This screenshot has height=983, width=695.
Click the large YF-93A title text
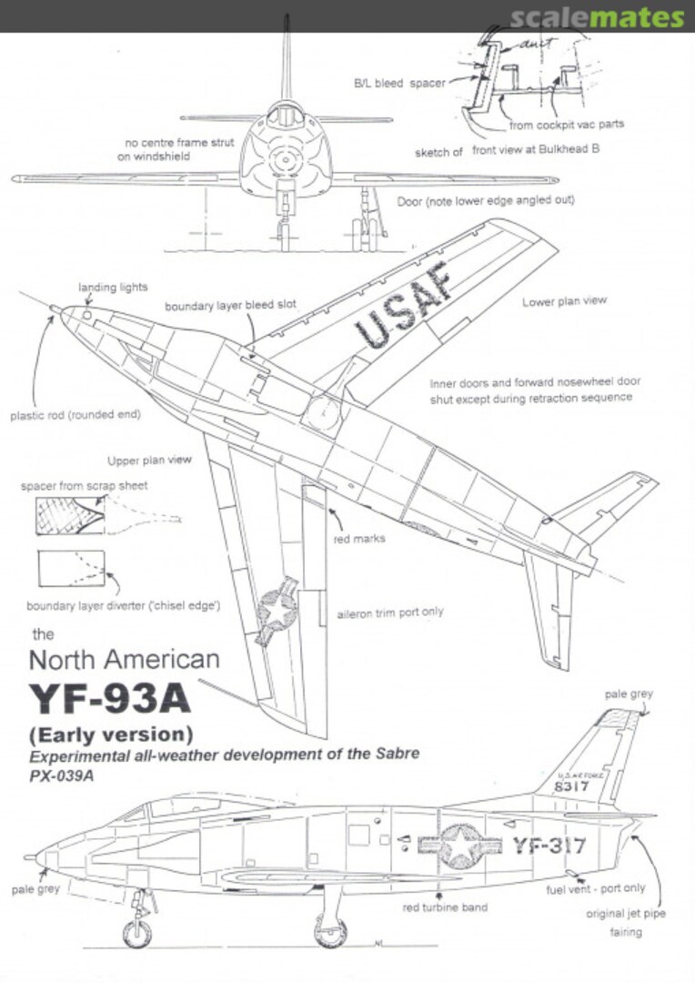click(x=110, y=698)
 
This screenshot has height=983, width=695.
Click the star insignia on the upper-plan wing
click(x=278, y=611)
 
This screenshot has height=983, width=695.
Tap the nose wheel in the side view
click(x=138, y=933)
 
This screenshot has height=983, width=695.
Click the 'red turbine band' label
click(x=445, y=907)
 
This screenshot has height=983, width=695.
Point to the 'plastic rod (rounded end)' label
click(x=76, y=415)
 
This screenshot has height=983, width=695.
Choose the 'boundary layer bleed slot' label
click(x=230, y=307)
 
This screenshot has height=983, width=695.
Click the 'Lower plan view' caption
click(x=564, y=301)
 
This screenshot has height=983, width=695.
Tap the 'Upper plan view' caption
click(x=149, y=460)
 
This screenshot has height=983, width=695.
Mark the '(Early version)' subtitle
click(x=110, y=734)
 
